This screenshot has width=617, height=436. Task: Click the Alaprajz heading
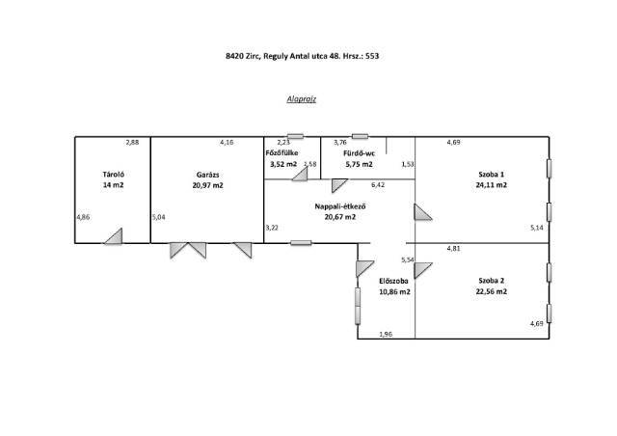point(302,99)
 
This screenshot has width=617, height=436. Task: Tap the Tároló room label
point(114,174)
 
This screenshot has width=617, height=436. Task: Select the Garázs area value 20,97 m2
point(208,185)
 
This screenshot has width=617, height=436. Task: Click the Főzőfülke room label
point(282,152)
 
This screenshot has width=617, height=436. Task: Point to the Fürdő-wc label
point(359,153)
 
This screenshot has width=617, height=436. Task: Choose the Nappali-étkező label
point(340,206)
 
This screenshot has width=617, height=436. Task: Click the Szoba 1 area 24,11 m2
point(491,184)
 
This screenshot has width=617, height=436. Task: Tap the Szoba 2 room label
point(491,281)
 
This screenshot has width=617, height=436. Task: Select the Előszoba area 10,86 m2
point(394,292)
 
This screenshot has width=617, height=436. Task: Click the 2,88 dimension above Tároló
point(132,142)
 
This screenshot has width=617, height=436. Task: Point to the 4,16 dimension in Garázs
point(227,142)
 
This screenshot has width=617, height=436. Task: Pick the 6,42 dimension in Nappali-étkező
point(378,184)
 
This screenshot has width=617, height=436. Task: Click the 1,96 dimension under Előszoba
point(386,334)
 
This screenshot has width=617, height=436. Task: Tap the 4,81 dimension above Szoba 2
point(454,248)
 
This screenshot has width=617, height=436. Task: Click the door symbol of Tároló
point(114,236)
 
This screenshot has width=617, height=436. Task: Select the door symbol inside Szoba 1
point(423,212)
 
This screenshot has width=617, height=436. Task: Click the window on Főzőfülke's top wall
point(295,136)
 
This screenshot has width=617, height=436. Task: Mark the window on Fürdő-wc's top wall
point(360,136)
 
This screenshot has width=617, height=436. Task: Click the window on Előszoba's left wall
point(358,306)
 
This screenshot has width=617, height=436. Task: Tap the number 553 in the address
point(372,56)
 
